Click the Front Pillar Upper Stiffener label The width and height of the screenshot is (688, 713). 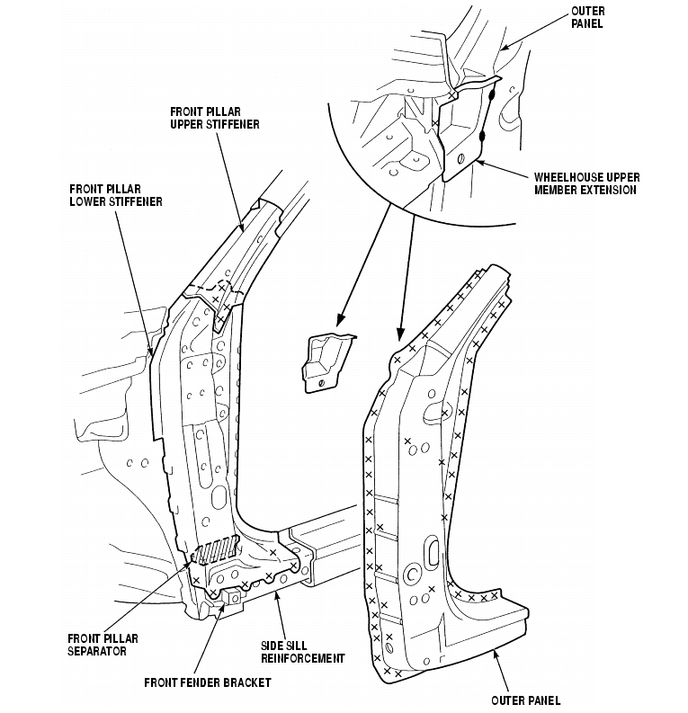click(x=214, y=117)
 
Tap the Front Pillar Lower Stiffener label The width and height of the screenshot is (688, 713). click(x=115, y=195)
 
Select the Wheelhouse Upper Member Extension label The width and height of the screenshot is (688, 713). click(x=585, y=183)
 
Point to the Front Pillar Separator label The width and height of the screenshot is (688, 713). click(x=103, y=644)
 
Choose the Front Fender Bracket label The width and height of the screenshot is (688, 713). click(x=207, y=682)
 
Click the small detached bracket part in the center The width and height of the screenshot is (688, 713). click(x=326, y=359)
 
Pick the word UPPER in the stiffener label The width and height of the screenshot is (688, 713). click(x=187, y=123)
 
